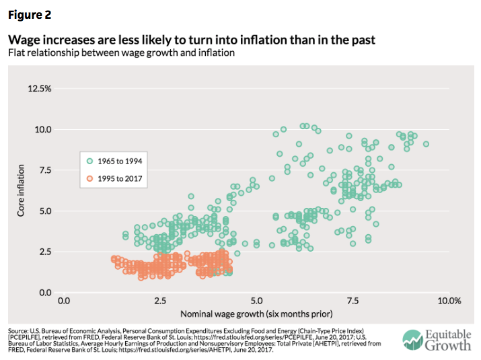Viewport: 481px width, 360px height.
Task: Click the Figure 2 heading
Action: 27,14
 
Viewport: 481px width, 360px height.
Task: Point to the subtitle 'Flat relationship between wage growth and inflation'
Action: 120,53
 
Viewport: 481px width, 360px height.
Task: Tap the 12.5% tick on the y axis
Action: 40,88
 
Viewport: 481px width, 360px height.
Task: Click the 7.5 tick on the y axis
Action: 44,170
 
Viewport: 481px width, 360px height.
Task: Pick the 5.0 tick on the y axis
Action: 44,211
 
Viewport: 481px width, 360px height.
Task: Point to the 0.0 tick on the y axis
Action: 44,293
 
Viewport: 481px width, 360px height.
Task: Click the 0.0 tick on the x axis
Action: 64,300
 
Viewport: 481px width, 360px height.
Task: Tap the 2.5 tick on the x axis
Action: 160,300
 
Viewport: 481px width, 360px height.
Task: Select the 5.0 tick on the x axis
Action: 256,300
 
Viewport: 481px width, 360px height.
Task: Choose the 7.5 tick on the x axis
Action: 353,300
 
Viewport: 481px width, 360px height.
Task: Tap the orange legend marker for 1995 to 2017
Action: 89,178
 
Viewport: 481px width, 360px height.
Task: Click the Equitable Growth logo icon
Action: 411,340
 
